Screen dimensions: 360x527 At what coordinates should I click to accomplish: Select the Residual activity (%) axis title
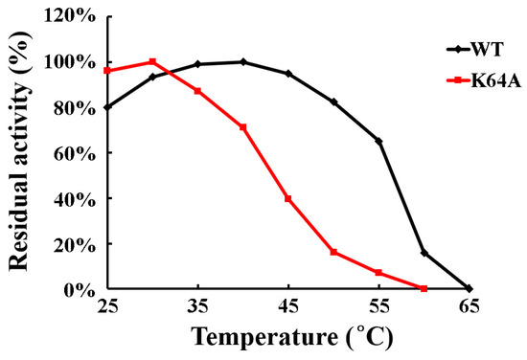[x=19, y=153]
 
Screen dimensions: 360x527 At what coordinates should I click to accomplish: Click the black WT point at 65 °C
[x=469, y=288]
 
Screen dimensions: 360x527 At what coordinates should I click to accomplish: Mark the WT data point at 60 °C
[x=424, y=253]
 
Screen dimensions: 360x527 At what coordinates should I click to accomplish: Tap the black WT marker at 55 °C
[x=378, y=141]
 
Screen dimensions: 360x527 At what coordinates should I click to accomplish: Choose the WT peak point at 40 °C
[x=243, y=62]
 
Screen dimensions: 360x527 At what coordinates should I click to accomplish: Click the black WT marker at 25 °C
[x=107, y=107]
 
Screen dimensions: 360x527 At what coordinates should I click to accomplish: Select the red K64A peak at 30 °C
[x=152, y=62]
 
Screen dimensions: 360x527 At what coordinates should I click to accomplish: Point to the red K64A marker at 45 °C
[x=288, y=198]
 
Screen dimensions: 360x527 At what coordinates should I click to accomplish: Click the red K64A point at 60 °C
[x=424, y=288]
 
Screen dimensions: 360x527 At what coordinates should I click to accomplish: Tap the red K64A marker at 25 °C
[x=107, y=71]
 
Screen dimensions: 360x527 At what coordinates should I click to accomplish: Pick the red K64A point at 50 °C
[x=333, y=252]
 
